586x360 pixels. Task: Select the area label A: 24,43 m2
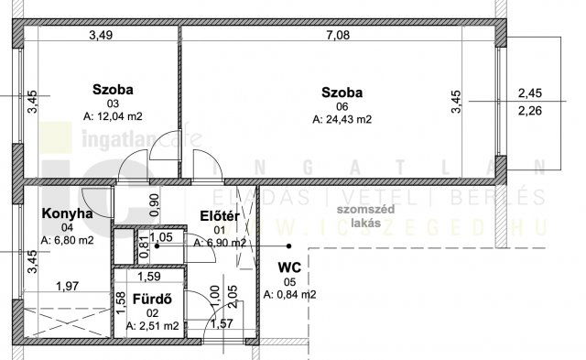(x=342, y=119)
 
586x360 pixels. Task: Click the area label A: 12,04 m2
(x=114, y=116)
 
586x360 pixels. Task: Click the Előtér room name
(x=219, y=216)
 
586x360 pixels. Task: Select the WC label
(x=288, y=267)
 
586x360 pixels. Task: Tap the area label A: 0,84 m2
(x=289, y=294)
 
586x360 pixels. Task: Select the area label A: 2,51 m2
(x=152, y=324)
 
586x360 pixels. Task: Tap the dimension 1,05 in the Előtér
(x=161, y=236)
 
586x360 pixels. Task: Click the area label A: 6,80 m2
(x=68, y=241)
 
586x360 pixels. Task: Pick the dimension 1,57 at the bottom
(x=222, y=323)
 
